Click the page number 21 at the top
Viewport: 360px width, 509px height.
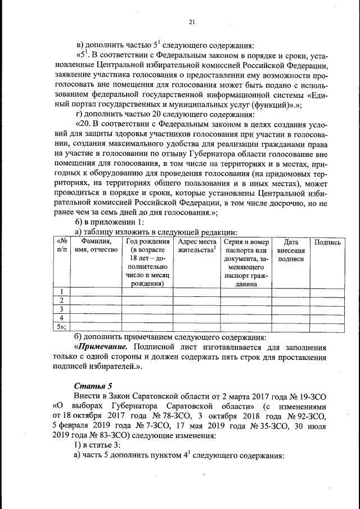(191, 22)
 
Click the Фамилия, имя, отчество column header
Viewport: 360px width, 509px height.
(96, 246)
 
